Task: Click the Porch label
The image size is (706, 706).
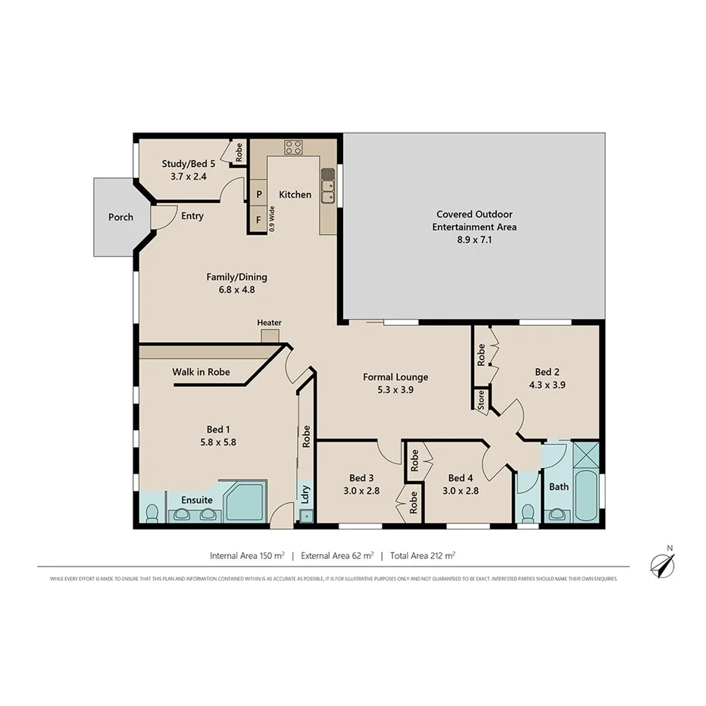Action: pyautogui.click(x=120, y=217)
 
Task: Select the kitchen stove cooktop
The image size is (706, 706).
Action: pyautogui.click(x=293, y=148)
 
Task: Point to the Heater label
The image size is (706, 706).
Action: pyautogui.click(x=269, y=323)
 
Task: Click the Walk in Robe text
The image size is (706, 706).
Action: pyautogui.click(x=201, y=372)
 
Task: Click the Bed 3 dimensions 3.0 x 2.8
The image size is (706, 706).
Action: pyautogui.click(x=361, y=490)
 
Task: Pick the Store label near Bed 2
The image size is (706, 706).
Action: pyautogui.click(x=480, y=400)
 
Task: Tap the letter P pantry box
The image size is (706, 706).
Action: pyautogui.click(x=259, y=195)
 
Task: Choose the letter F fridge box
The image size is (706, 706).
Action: pyautogui.click(x=259, y=220)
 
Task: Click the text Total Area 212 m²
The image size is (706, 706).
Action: pyautogui.click(x=422, y=555)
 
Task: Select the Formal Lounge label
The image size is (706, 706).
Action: pyautogui.click(x=395, y=377)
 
